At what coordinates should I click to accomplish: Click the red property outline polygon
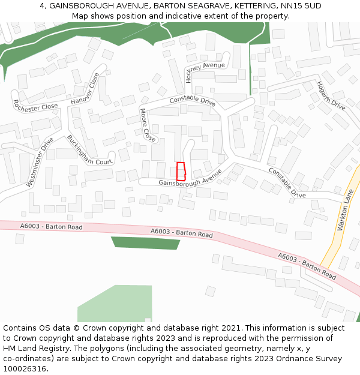point(181,171)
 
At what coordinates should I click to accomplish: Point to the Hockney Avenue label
point(205,69)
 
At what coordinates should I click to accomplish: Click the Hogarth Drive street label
point(331,95)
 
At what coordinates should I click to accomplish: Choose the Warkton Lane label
point(346,209)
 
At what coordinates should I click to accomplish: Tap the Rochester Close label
point(35,106)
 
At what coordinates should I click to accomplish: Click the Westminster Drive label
point(40,162)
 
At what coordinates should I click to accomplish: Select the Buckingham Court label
point(89,150)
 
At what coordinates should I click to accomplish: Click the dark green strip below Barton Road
point(146,243)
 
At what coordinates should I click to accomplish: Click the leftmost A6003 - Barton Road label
point(51,227)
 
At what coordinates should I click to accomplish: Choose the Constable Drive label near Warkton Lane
point(287,182)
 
